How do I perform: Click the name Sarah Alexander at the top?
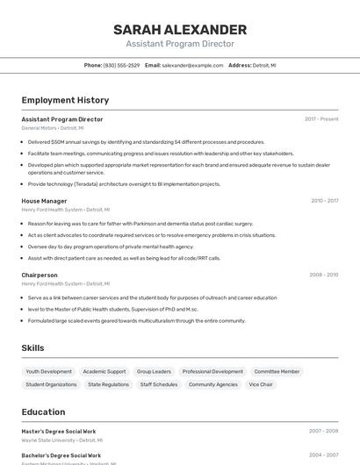tap(179, 30)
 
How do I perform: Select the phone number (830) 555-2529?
tap(121, 65)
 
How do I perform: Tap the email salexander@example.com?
tap(192, 65)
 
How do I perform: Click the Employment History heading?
tap(65, 100)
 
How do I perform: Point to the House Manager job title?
tap(44, 201)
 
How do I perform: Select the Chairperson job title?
tap(40, 275)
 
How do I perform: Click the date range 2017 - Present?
tap(321, 118)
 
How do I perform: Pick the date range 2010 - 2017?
tap(324, 201)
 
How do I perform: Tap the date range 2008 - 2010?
tap(323, 275)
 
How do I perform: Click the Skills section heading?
tap(32, 348)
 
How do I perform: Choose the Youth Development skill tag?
tap(49, 371)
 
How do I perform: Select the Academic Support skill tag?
tap(104, 371)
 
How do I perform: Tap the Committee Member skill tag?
tap(277, 371)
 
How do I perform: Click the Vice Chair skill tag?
tap(261, 384)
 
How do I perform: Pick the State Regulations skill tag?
tap(109, 384)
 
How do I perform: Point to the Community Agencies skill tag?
tap(213, 384)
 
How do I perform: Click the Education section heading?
tap(43, 411)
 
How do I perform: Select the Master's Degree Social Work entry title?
tap(61, 431)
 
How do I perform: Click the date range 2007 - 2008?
tap(323, 431)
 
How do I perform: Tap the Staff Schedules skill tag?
tap(159, 384)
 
